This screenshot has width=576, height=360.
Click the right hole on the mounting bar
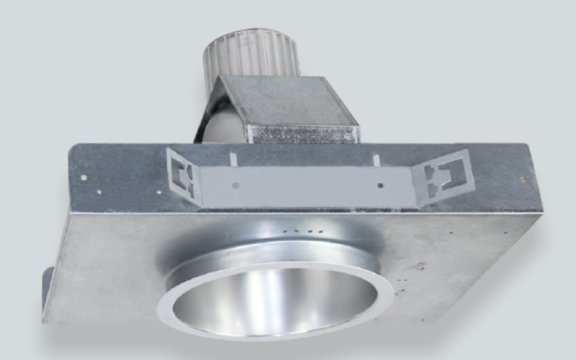tap(380, 186)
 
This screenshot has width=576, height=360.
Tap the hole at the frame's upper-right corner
tap(523, 179)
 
